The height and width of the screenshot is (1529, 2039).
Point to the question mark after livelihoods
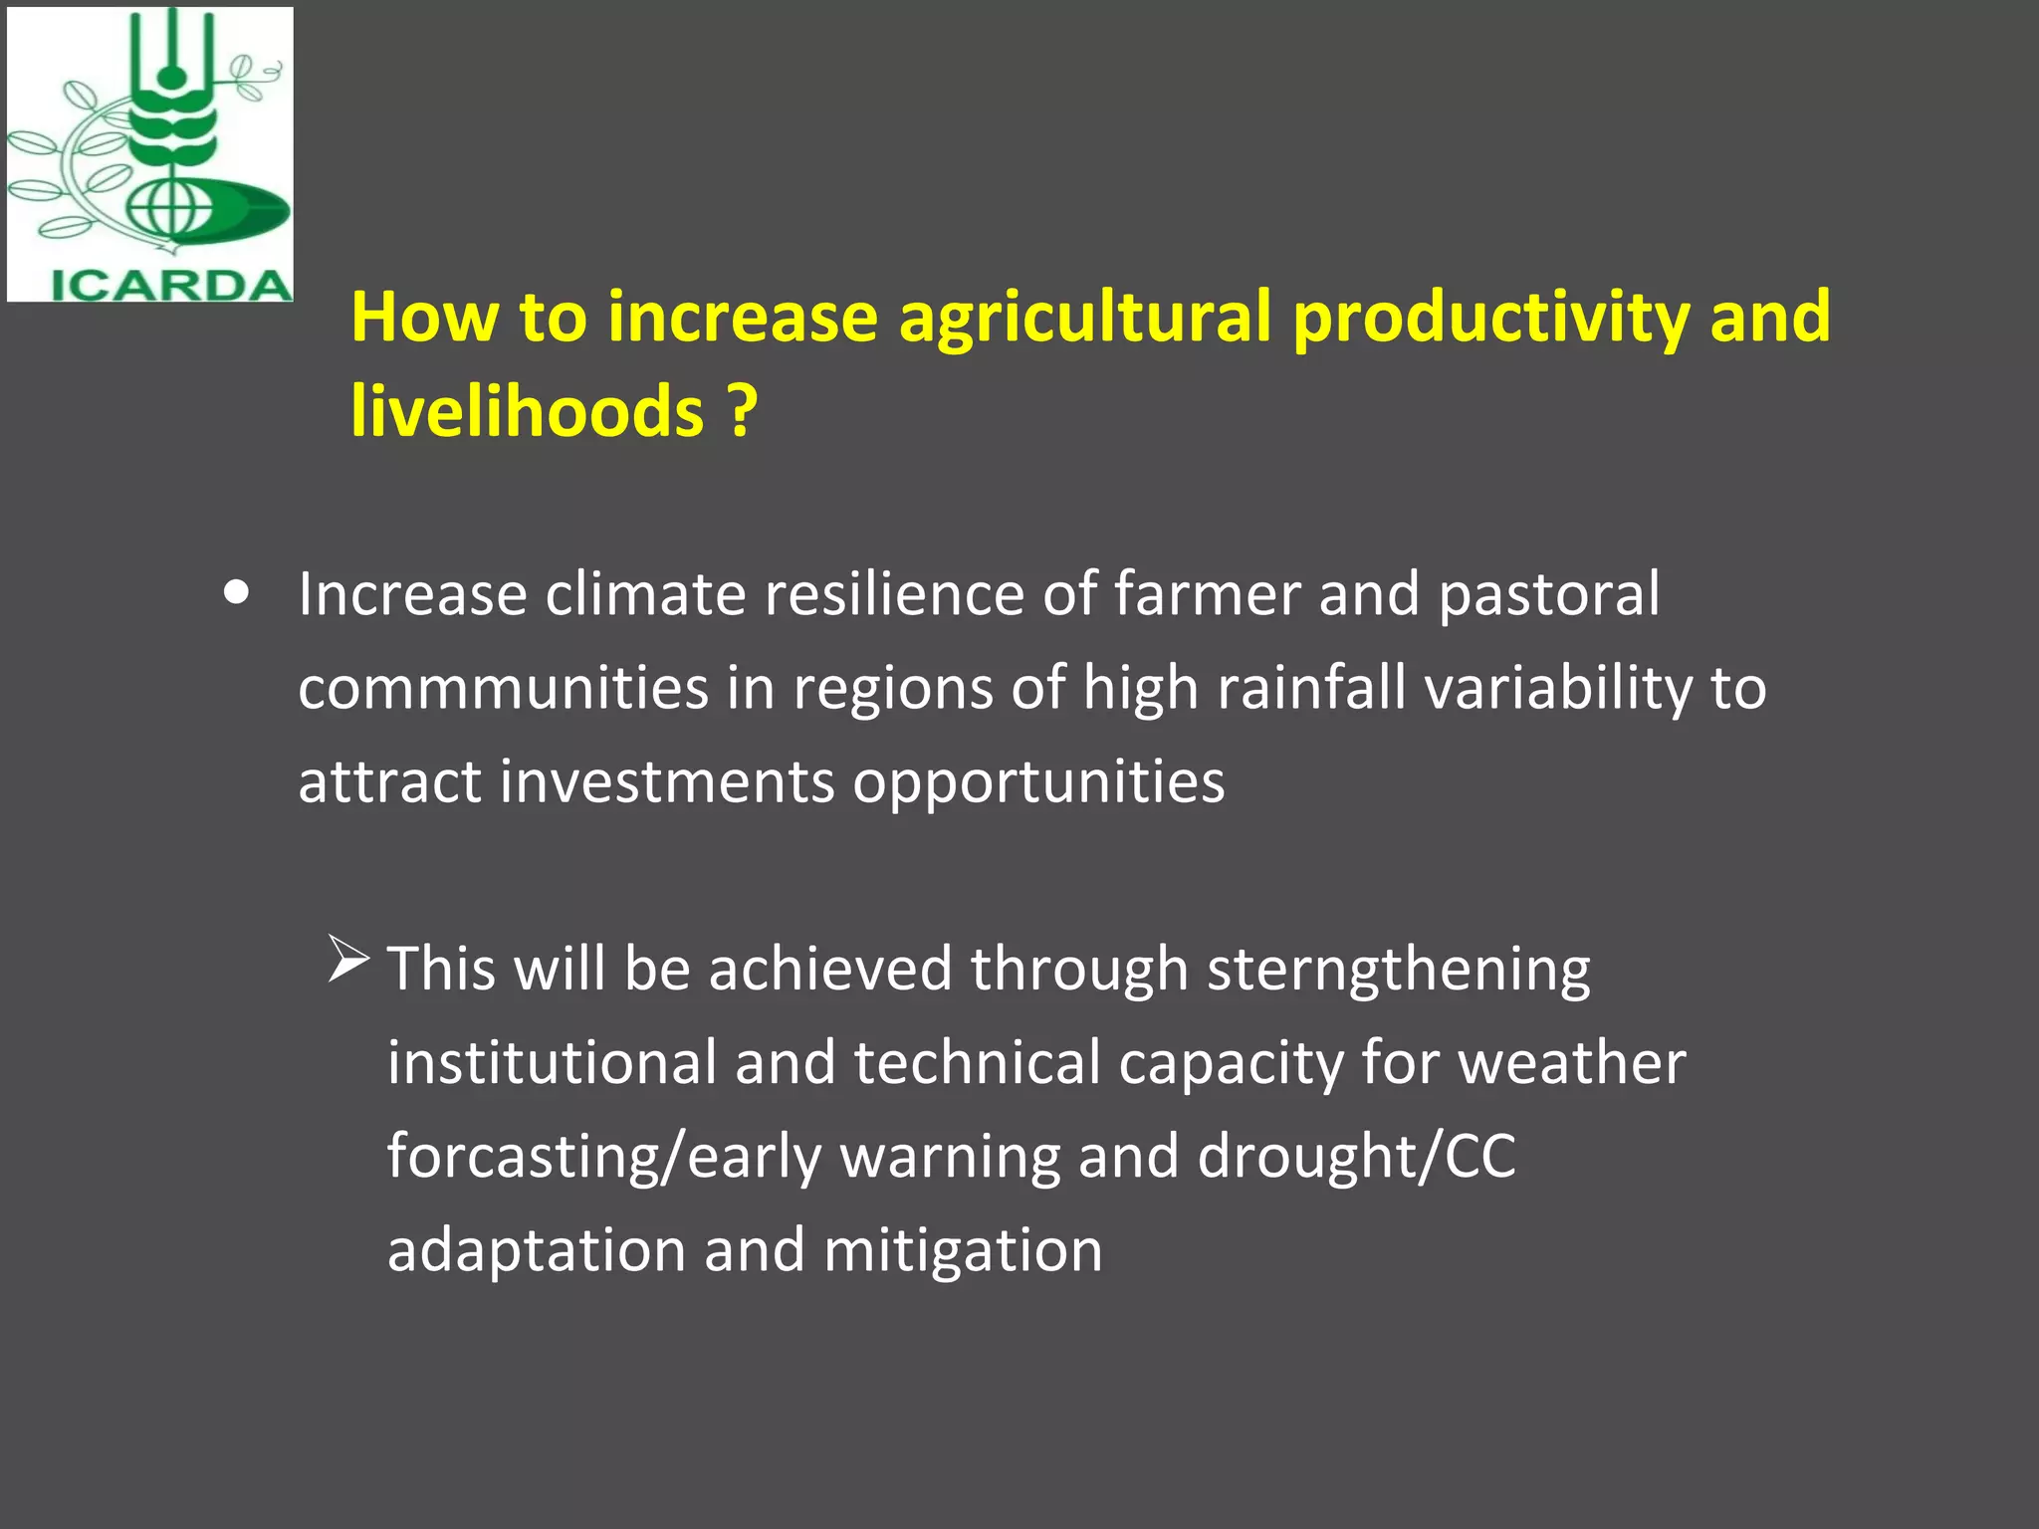(741, 411)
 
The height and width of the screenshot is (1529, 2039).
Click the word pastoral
(1548, 594)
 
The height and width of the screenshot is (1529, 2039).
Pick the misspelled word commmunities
(503, 688)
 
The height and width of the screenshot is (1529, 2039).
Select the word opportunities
(1038, 781)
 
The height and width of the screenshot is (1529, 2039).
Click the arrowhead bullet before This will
(348, 961)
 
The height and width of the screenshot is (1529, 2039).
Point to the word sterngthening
(1399, 969)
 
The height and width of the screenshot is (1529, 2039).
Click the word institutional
(552, 1062)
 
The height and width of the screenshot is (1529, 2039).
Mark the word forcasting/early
(604, 1157)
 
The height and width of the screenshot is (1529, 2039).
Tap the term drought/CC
(1356, 1157)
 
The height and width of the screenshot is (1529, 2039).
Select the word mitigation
(963, 1250)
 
